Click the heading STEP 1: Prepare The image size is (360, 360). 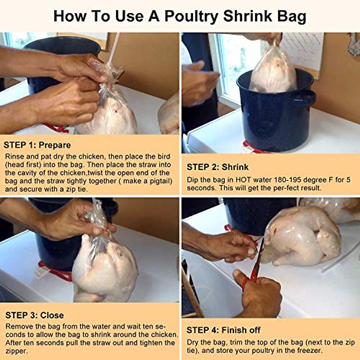pyautogui.click(x=37, y=145)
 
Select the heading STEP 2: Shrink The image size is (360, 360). pyautogui.click(x=218, y=167)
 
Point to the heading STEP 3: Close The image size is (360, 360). pyautogui.click(x=34, y=315)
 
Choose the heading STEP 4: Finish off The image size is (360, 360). pyautogui.click(x=223, y=330)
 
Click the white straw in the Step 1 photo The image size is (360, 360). pyautogui.click(x=114, y=48)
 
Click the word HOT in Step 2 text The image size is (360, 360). pyautogui.click(x=243, y=180)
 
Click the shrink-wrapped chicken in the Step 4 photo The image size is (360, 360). pyautogui.click(x=303, y=237)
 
